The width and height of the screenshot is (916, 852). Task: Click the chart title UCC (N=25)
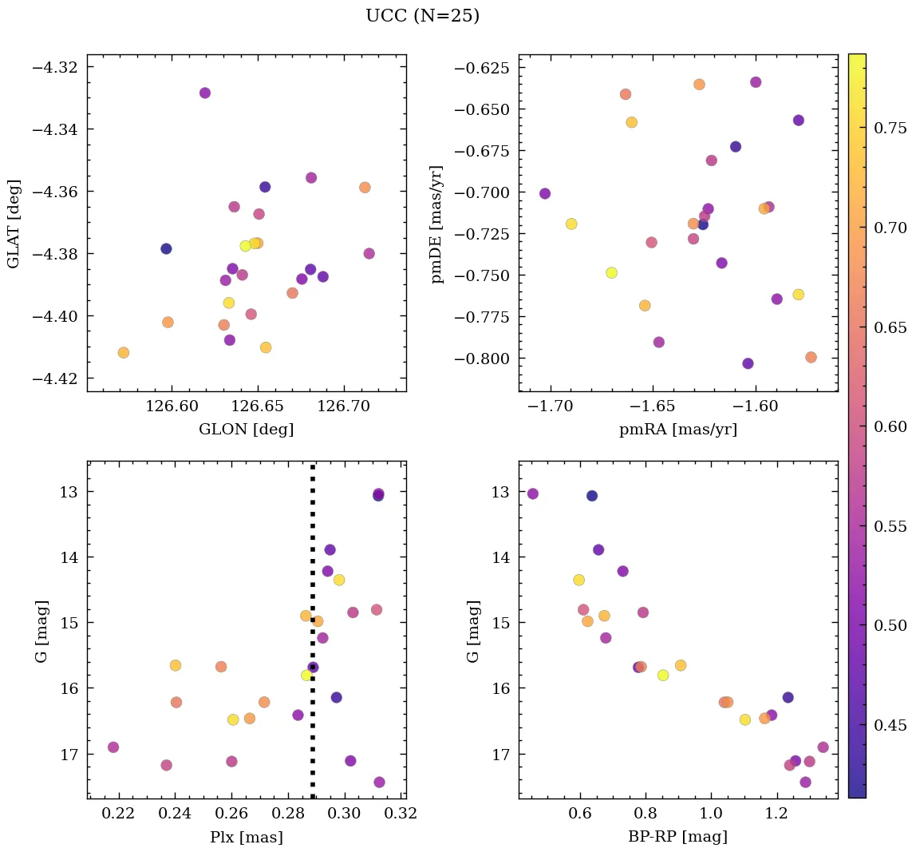pyautogui.click(x=422, y=16)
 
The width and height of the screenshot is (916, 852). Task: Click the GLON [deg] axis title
pyautogui.click(x=246, y=430)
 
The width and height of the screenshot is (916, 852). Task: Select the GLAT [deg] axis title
pyautogui.click(x=14, y=224)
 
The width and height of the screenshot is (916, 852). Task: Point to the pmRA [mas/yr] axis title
pyautogui.click(x=677, y=430)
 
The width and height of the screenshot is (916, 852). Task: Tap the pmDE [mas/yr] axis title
pyautogui.click(x=436, y=224)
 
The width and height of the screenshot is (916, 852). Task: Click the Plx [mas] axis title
pyautogui.click(x=246, y=837)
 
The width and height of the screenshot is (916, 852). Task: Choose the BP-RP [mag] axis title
pyautogui.click(x=677, y=837)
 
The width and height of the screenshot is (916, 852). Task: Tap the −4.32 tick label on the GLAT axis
pyautogui.click(x=53, y=67)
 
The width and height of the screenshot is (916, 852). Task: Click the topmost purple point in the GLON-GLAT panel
pyautogui.click(x=205, y=93)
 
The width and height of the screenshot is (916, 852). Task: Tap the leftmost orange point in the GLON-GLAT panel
pyautogui.click(x=124, y=352)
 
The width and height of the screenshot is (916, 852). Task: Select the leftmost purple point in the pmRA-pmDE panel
pyautogui.click(x=545, y=193)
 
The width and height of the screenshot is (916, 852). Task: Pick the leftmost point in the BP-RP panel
pyautogui.click(x=533, y=493)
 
